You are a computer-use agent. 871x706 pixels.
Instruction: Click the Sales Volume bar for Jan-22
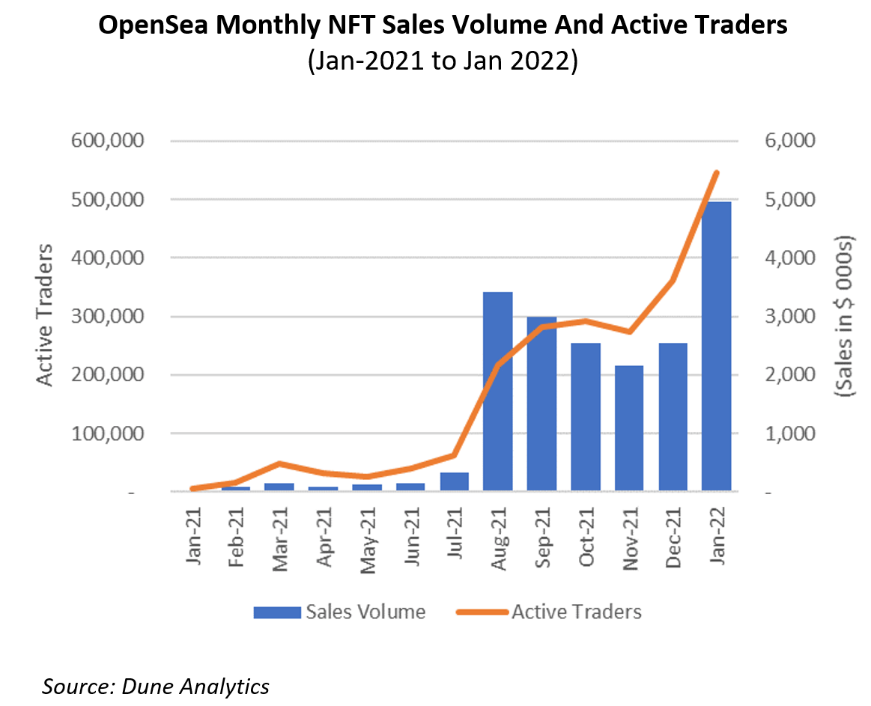(716, 346)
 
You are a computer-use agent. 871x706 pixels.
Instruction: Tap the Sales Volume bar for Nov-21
(628, 428)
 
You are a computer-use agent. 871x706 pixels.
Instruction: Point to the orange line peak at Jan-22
(716, 173)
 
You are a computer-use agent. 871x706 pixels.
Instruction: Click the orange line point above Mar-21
(279, 463)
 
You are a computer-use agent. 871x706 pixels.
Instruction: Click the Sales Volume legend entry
(339, 612)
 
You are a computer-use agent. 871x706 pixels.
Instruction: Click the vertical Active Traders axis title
(46, 314)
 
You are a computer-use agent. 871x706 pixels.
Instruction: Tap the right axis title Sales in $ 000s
(846, 318)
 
